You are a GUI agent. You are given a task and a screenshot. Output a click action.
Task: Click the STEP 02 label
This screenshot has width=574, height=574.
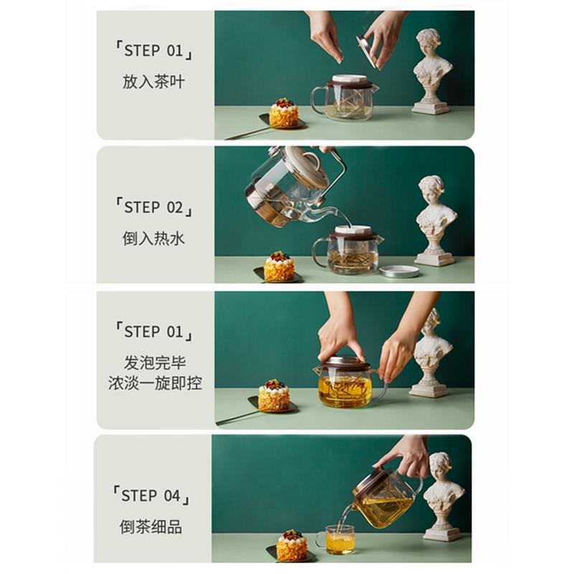point(154,207)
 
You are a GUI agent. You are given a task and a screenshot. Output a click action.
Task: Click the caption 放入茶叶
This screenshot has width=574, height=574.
point(154,82)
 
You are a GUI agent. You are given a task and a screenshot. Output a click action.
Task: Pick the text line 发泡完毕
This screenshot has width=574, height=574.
point(154,361)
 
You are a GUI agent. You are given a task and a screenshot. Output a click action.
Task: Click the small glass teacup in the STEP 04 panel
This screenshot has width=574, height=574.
point(339,540)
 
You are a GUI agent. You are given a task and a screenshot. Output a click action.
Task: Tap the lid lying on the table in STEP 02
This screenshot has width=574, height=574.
point(400,271)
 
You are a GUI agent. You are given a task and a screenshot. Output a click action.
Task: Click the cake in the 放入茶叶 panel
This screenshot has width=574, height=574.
point(284,114)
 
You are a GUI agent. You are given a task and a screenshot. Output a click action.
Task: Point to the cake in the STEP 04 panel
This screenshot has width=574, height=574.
point(291,546)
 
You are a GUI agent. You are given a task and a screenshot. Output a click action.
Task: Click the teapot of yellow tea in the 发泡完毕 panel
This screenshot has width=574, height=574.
point(346,384)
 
